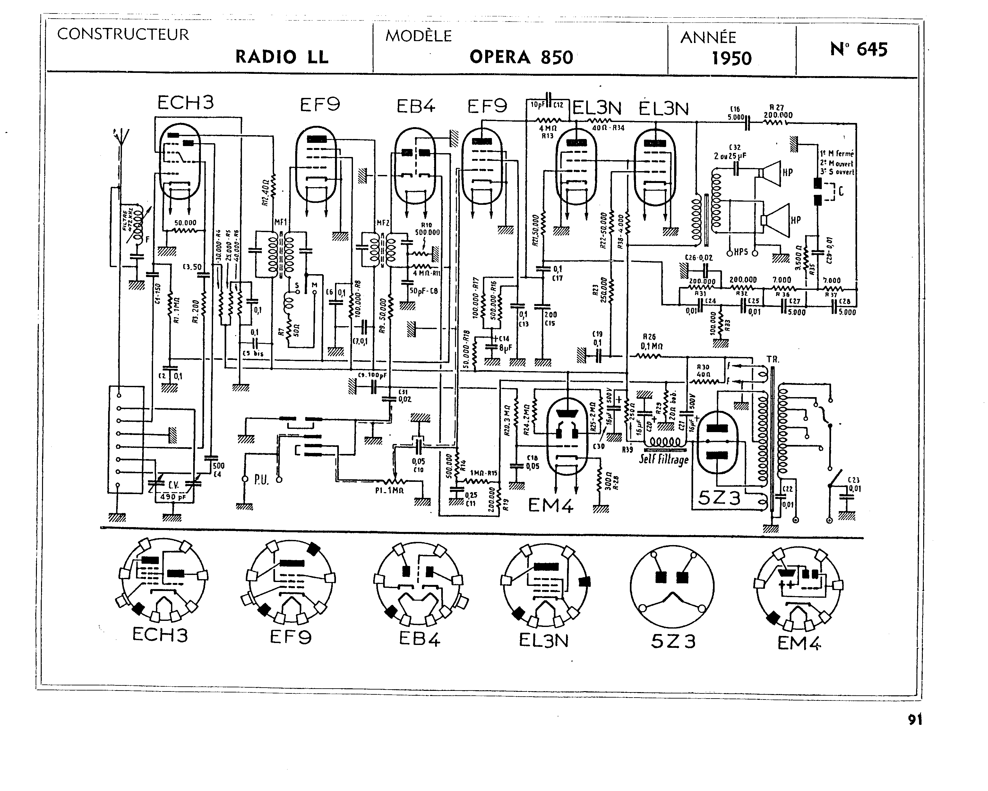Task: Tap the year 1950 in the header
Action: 731,59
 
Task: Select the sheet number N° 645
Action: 858,49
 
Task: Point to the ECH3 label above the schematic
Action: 185,103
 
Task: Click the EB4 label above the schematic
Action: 416,107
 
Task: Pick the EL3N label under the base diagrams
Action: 544,640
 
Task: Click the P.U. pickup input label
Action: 261,480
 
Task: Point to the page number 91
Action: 915,720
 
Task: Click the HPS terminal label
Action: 741,252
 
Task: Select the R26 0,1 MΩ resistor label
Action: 652,341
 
